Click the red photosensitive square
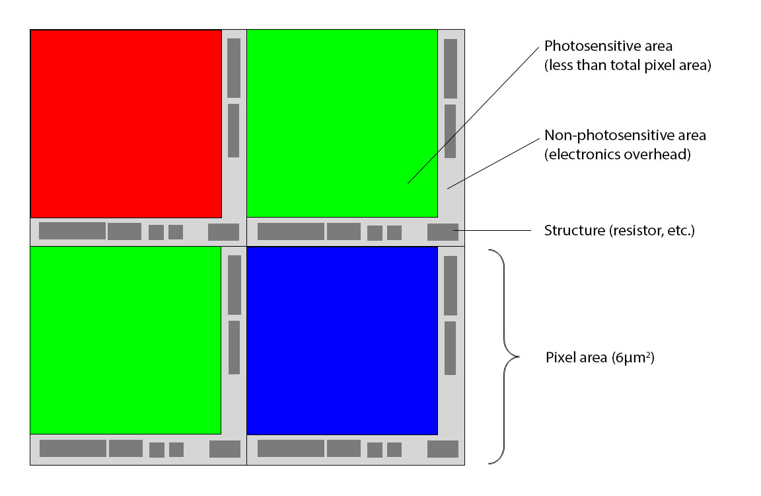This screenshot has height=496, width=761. (126, 124)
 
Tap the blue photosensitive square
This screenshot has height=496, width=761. (342, 341)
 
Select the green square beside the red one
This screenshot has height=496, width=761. (342, 124)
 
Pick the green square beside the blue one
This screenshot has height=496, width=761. (126, 341)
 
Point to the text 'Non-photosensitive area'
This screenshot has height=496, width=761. (625, 136)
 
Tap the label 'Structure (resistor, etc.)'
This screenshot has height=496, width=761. (619, 231)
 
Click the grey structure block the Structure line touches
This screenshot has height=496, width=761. (443, 232)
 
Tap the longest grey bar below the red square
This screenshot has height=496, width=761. (72, 231)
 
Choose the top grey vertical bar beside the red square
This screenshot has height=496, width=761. (233, 68)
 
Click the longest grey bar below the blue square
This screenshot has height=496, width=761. (291, 448)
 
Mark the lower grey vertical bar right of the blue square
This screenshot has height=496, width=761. (450, 348)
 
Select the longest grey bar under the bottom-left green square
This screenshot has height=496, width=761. (73, 448)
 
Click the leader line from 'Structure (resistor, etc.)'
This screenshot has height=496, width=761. (495, 231)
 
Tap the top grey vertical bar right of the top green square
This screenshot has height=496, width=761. (451, 69)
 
